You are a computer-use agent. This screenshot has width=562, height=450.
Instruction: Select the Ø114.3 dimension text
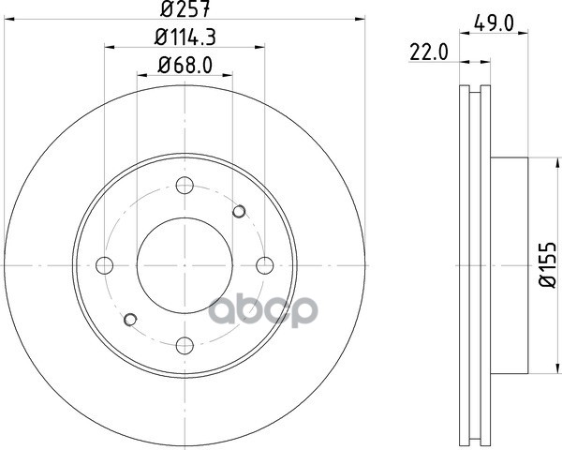tap(185, 37)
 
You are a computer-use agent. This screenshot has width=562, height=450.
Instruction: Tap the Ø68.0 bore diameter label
tap(185, 66)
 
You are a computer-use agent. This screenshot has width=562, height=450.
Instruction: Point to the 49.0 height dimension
tap(494, 22)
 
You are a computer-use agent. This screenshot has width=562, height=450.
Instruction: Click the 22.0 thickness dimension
tap(429, 53)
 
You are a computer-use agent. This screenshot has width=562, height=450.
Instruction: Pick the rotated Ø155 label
tap(548, 265)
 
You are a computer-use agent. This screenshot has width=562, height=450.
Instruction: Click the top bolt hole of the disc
tap(185, 186)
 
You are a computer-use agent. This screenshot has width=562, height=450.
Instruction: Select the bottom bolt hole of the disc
tap(185, 346)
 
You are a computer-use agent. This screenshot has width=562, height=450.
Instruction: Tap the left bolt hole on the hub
tap(105, 265)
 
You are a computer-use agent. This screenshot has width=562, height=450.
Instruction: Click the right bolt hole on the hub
tap(265, 265)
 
